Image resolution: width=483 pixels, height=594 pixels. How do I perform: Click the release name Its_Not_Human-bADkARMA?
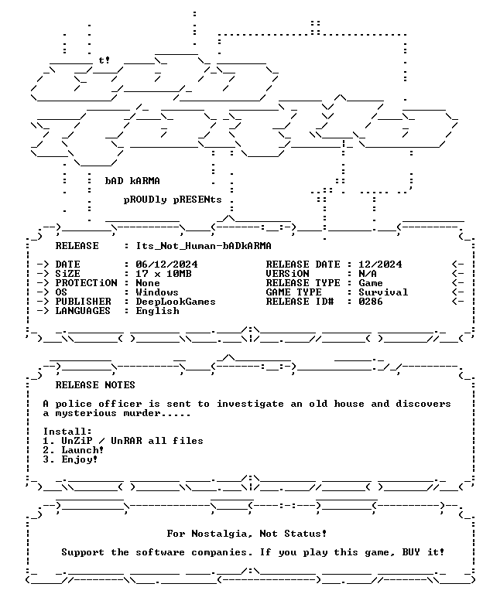(x=204, y=246)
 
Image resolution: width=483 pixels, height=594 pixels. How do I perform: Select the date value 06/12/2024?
(x=166, y=265)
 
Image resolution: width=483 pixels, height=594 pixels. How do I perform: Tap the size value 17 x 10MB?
(x=163, y=274)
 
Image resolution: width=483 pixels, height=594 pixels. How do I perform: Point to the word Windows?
(x=157, y=292)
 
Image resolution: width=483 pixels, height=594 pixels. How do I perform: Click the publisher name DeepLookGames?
(x=176, y=302)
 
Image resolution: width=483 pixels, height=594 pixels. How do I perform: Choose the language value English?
(x=157, y=311)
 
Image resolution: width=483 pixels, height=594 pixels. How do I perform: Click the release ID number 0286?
(x=371, y=302)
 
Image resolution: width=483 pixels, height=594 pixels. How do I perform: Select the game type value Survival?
(x=383, y=292)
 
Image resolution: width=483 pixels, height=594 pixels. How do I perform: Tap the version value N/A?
(x=368, y=274)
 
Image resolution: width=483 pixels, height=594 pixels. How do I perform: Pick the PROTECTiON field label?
(x=87, y=283)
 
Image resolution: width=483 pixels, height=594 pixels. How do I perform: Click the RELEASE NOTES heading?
(x=95, y=385)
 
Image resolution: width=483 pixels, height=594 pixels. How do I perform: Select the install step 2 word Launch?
(x=80, y=450)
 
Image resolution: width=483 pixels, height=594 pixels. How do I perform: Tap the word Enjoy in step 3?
(x=77, y=460)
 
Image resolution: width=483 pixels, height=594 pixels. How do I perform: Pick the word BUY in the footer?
(x=411, y=552)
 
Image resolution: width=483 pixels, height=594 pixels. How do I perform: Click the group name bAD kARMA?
(x=132, y=181)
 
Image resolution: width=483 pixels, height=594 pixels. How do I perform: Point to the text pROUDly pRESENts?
(x=173, y=200)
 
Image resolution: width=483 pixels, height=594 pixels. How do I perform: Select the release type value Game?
(x=371, y=283)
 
